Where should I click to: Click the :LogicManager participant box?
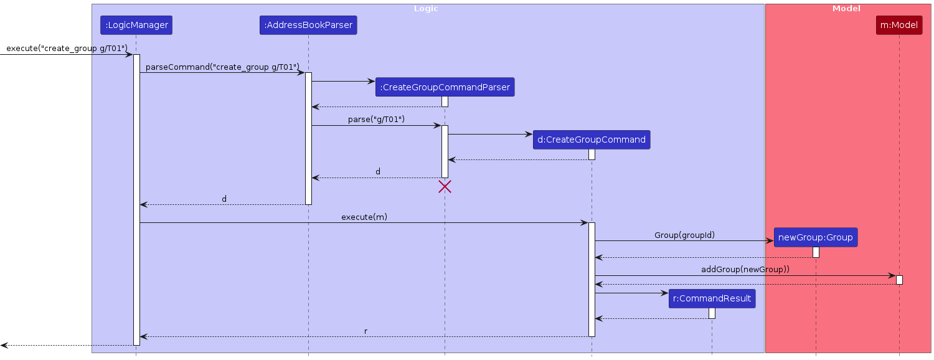coord(136,25)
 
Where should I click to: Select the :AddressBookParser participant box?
coord(308,25)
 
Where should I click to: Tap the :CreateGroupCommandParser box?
coord(445,88)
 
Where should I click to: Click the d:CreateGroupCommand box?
coord(591,140)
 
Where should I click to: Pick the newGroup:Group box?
coord(815,237)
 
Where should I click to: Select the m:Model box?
coord(899,25)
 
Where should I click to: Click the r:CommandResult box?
coord(712,298)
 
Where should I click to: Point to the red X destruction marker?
coord(445,186)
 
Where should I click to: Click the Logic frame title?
coord(426,9)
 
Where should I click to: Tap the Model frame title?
coord(846,9)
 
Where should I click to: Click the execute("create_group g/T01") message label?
coord(67,49)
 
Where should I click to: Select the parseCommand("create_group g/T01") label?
coord(222,67)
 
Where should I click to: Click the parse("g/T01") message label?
coord(376,119)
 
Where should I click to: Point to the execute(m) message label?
coord(364,217)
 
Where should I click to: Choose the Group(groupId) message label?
coord(684,235)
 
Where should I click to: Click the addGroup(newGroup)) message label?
coord(745,269)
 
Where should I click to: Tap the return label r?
coord(366,331)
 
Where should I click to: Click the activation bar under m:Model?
coord(899,280)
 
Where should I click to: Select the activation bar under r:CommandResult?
coord(712,313)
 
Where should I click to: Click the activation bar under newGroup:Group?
coord(816,252)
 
